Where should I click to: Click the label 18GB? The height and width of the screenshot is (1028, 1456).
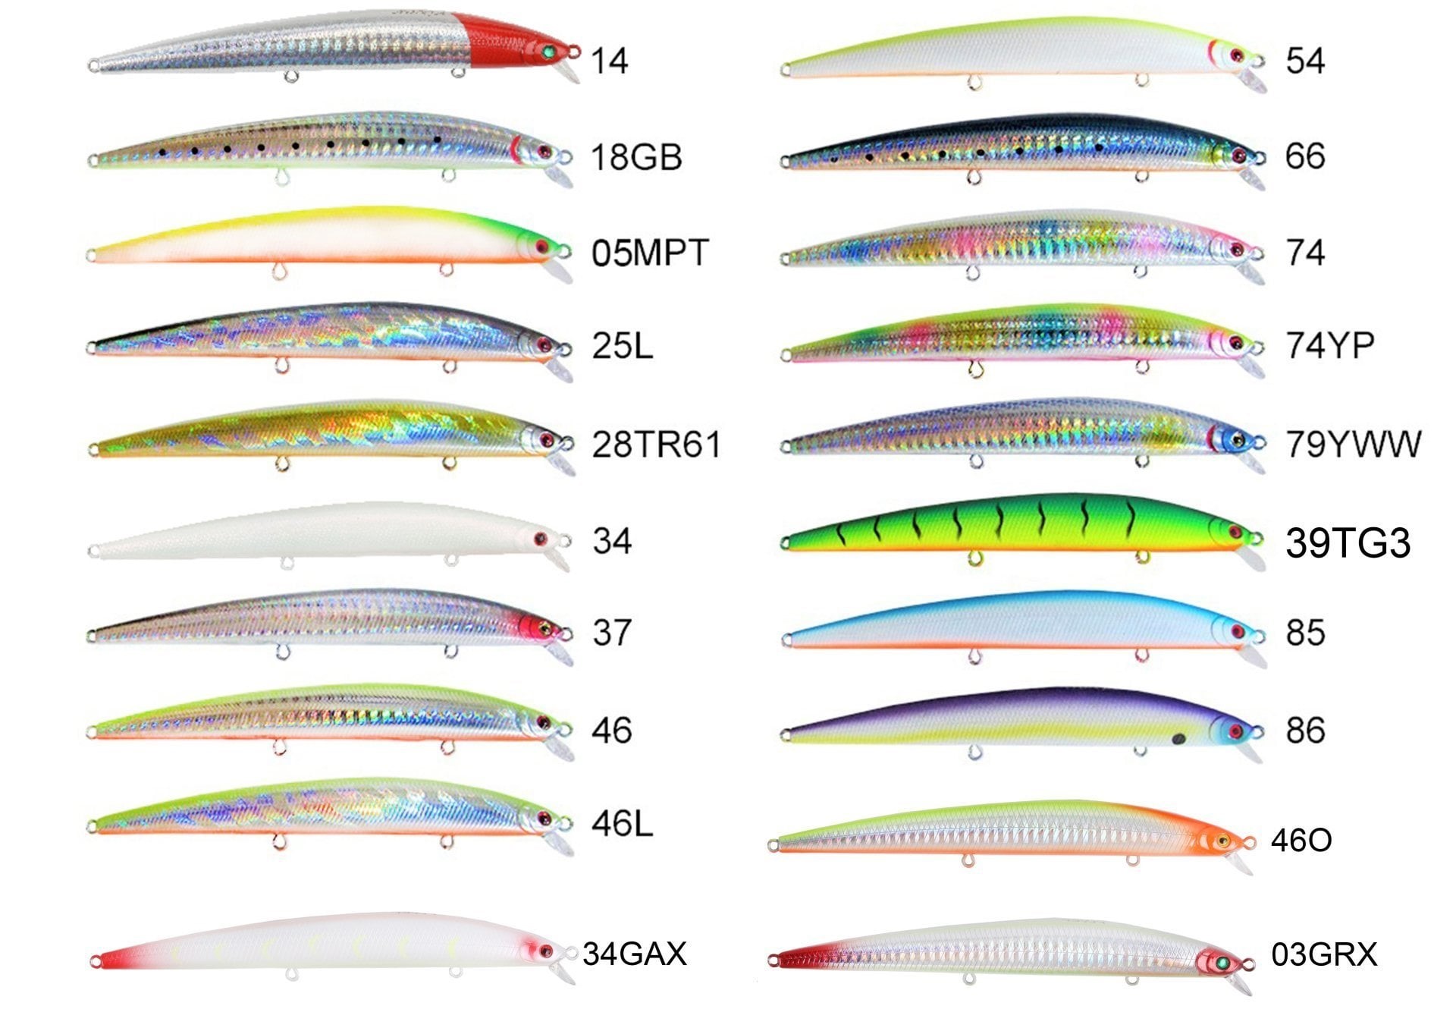636,157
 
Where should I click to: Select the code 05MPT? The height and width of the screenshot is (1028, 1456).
650,253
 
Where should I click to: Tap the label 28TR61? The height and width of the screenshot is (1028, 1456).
656,445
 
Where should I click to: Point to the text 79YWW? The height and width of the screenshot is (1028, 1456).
1354,444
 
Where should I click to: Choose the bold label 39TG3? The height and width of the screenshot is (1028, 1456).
1348,543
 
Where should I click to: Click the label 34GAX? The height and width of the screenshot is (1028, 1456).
635,954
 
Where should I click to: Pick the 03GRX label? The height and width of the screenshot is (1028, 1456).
1324,954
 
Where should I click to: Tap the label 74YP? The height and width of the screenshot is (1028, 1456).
1330,345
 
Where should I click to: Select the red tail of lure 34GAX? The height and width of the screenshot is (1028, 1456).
118,959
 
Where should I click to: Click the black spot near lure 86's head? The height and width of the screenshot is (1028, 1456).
1178,738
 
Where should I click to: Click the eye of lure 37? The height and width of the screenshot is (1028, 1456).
544,628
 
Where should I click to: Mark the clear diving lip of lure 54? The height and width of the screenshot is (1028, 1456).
1254,79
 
